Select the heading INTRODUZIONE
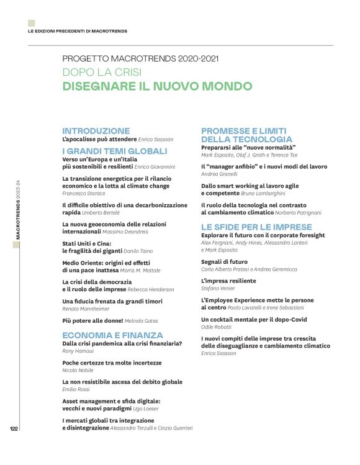(x=96, y=131)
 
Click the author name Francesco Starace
(x=84, y=193)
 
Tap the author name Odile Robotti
(x=217, y=327)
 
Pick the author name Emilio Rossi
(x=76, y=389)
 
